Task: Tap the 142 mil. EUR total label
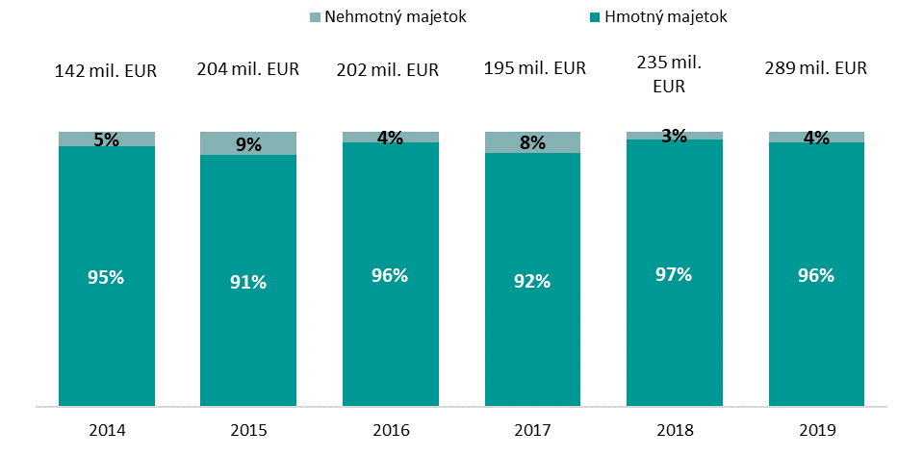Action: pyautogui.click(x=106, y=69)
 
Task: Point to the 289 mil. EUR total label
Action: pyautogui.click(x=816, y=68)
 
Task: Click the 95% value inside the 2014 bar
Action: pyautogui.click(x=106, y=277)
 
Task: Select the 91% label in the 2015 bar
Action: pyautogui.click(x=248, y=282)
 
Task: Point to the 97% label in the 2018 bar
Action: pyautogui.click(x=674, y=274)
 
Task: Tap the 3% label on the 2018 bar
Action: pyautogui.click(x=674, y=137)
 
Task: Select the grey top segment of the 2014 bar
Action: pyautogui.click(x=77, y=139)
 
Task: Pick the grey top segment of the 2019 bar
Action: pyautogui.click(x=842, y=137)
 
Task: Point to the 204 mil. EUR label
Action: pyautogui.click(x=248, y=68)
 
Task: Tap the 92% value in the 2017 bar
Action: pyautogui.click(x=532, y=281)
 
